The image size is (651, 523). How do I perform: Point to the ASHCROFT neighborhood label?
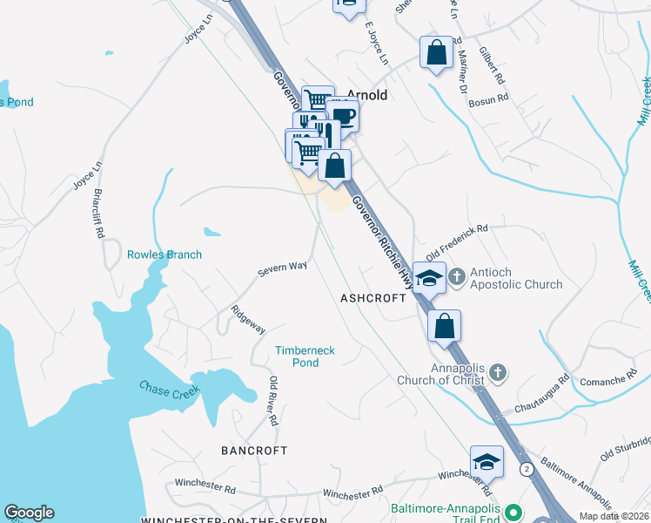(373, 298)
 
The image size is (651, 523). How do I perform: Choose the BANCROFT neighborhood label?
(254, 451)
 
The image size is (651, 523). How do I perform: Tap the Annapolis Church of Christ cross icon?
(497, 373)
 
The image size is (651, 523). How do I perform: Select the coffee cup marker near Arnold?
(343, 115)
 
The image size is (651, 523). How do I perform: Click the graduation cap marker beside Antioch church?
(429, 278)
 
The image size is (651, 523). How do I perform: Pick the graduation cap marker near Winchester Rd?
(487, 461)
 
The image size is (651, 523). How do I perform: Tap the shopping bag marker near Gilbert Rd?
(436, 51)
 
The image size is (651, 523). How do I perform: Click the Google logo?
(29, 513)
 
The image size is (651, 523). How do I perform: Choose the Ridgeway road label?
(248, 319)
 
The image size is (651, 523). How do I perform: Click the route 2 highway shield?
(527, 469)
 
